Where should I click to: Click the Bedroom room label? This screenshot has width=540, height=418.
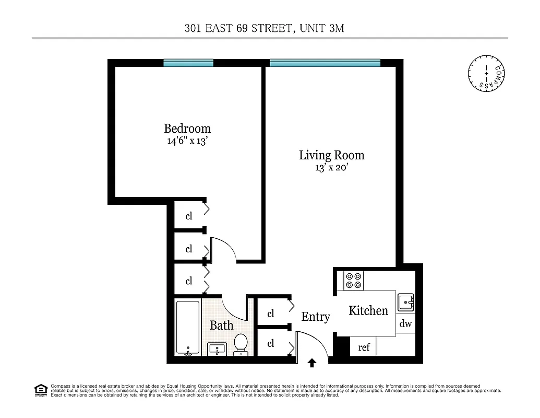[x=187, y=128]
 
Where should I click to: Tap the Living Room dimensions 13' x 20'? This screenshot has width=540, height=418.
[x=331, y=168]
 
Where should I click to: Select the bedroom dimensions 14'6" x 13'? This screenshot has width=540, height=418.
[x=187, y=141]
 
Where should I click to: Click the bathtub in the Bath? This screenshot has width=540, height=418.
[x=187, y=328]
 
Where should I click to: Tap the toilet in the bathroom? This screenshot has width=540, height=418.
[x=241, y=344]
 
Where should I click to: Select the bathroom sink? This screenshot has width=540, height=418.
[x=217, y=349]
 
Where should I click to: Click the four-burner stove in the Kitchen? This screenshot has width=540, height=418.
[x=354, y=281]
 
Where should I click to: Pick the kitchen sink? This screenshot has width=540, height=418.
[x=406, y=302]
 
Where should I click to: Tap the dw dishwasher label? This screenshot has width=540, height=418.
[x=405, y=324]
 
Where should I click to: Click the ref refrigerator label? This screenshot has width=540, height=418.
[x=364, y=347]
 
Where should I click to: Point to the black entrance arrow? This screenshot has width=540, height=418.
[x=313, y=363]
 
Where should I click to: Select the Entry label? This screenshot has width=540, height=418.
[x=316, y=317]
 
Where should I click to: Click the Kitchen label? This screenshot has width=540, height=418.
[x=368, y=310]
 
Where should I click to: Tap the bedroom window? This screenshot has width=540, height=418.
[x=188, y=63]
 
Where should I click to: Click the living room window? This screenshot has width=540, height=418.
[x=325, y=63]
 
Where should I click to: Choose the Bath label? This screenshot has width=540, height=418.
[x=221, y=325]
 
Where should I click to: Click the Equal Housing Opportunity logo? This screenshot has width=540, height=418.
[x=41, y=390]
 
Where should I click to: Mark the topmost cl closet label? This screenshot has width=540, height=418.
[x=189, y=216]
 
